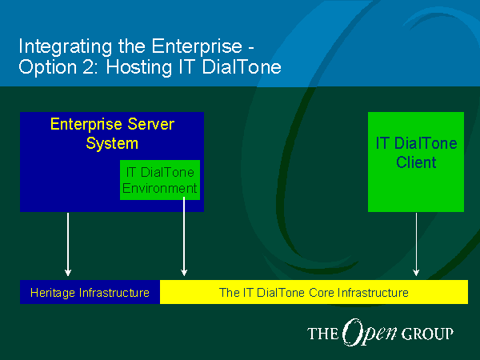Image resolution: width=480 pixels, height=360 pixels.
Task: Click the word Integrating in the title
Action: (66, 47)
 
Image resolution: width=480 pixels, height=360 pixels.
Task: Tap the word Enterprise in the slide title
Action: (197, 46)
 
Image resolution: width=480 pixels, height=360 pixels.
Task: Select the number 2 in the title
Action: (88, 66)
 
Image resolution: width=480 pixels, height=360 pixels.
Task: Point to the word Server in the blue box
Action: (151, 124)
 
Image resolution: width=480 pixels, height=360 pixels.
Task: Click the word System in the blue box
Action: (112, 143)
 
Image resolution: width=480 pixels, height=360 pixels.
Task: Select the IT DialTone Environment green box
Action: (160, 180)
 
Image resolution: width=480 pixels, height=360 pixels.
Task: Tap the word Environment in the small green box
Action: (159, 188)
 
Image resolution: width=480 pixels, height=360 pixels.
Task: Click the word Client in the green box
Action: (416, 162)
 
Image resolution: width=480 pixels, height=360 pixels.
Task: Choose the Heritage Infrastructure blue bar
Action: (90, 292)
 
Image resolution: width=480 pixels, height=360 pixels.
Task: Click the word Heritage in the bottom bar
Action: (53, 293)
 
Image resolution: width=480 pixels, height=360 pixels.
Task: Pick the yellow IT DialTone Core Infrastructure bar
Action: (314, 292)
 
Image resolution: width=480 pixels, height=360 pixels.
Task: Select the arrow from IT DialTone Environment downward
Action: (184, 237)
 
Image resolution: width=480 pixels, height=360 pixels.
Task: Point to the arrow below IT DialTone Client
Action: (416, 244)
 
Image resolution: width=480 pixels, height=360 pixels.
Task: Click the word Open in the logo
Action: (370, 333)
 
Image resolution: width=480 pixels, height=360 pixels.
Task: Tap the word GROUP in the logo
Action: (427, 334)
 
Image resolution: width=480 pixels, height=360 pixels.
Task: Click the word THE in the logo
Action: (323, 334)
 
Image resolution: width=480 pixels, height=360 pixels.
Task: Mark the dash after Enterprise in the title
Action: (251, 48)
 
